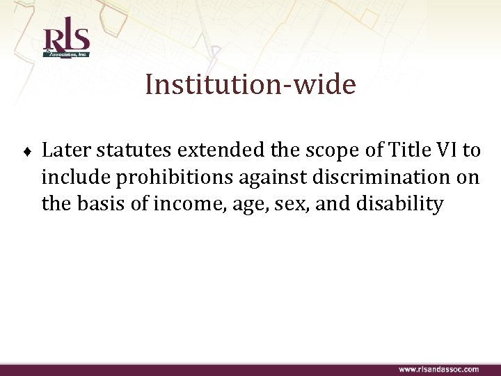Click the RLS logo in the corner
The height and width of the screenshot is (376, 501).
tap(66, 40)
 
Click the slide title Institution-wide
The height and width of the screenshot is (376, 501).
tap(250, 85)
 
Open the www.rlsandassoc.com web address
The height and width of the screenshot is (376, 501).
tap(438, 369)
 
